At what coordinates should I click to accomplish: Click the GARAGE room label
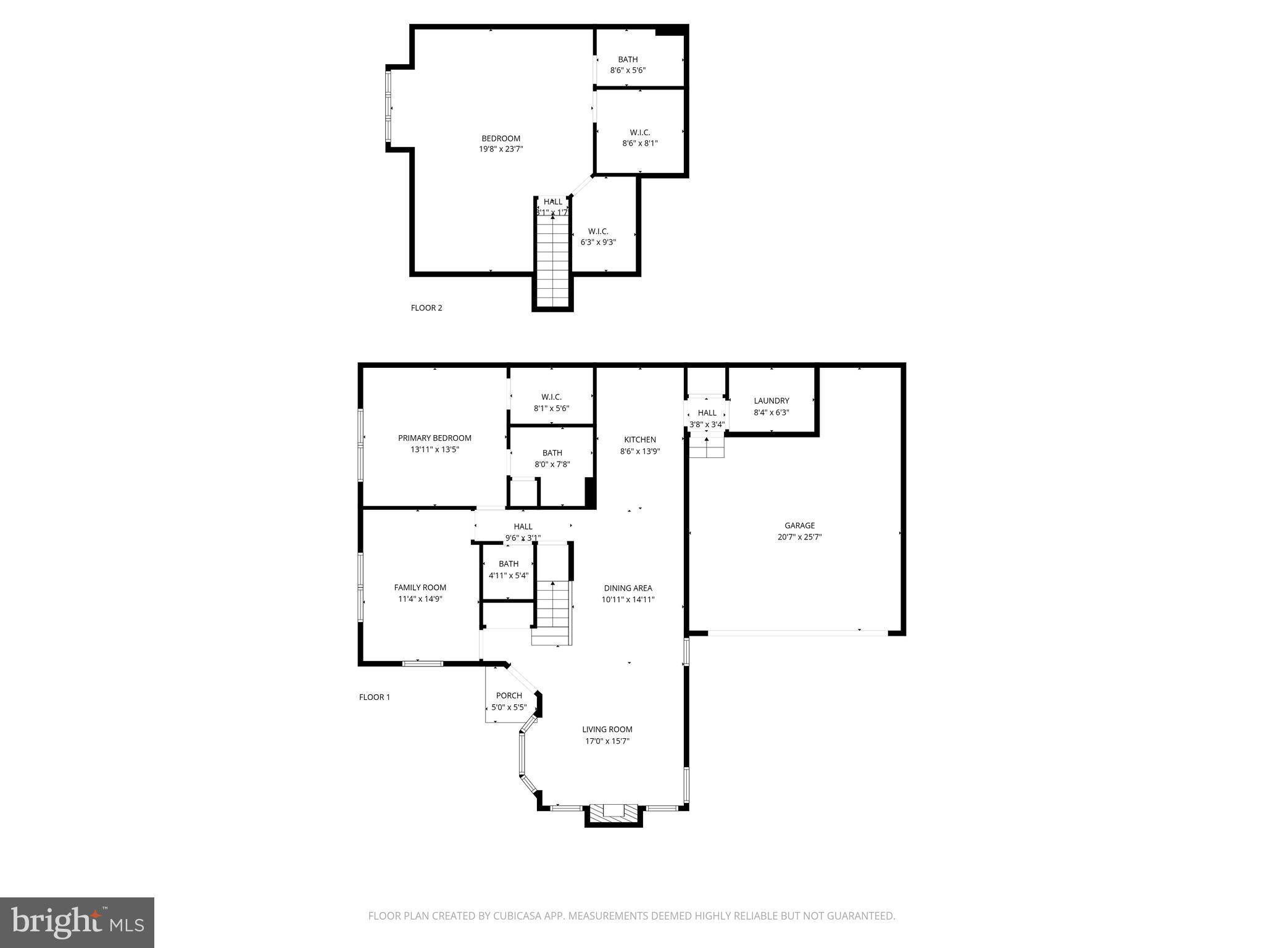[799, 526]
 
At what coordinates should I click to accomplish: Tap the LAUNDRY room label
[771, 401]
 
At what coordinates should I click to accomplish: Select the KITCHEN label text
[640, 439]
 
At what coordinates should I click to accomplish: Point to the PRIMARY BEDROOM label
[434, 438]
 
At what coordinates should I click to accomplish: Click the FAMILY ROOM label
[420, 588]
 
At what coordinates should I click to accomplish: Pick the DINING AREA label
[628, 588]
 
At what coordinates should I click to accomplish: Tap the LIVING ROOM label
[607, 730]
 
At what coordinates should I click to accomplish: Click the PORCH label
[509, 696]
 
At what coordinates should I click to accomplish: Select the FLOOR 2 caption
[426, 308]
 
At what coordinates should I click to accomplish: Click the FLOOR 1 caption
[375, 697]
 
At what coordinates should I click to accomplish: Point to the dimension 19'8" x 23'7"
[501, 149]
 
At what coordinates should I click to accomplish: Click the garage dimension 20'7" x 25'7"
[799, 537]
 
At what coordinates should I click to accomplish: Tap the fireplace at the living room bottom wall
[614, 814]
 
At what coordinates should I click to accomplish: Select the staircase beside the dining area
[553, 613]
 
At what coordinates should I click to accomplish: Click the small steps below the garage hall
[706, 447]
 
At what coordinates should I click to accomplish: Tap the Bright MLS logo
[77, 922]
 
